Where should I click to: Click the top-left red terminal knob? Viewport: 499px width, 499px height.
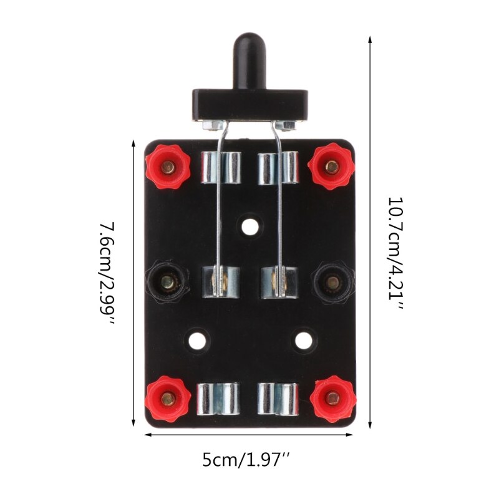(167, 167)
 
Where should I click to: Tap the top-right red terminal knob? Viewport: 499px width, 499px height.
(332, 167)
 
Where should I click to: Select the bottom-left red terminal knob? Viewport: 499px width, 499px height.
(167, 399)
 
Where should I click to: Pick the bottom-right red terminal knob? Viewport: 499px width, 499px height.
(332, 399)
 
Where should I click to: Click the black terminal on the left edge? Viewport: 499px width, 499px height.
(167, 283)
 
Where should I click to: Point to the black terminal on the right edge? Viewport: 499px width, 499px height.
(332, 283)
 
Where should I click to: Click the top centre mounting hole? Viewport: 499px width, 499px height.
(249, 226)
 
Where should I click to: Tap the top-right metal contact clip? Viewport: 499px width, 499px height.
(278, 167)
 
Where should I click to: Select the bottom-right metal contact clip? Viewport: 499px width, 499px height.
(279, 399)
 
